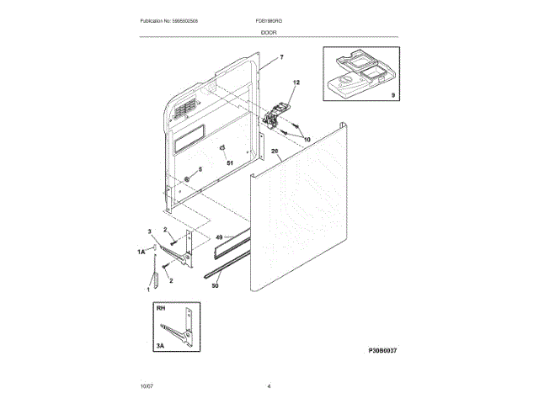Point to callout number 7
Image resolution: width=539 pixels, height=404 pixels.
click(282, 57)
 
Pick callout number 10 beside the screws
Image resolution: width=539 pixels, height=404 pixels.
click(307, 138)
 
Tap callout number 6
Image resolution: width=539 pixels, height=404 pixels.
click(200, 169)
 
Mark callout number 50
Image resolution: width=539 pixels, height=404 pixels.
click(216, 286)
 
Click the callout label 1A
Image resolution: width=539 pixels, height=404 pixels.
click(141, 252)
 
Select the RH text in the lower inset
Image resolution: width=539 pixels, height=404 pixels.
click(160, 309)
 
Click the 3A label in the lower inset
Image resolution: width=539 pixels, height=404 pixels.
click(160, 344)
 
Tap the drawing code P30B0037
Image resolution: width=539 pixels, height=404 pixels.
click(381, 351)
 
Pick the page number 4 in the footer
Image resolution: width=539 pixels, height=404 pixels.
click(269, 386)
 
